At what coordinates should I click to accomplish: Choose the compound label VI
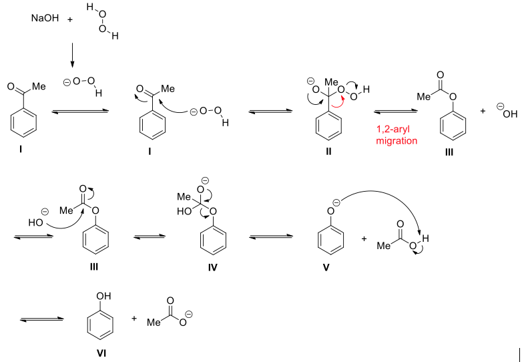click(x=102, y=348)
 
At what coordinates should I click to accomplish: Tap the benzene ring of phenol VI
click(x=102, y=323)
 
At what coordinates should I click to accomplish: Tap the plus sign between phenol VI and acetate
click(x=134, y=319)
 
